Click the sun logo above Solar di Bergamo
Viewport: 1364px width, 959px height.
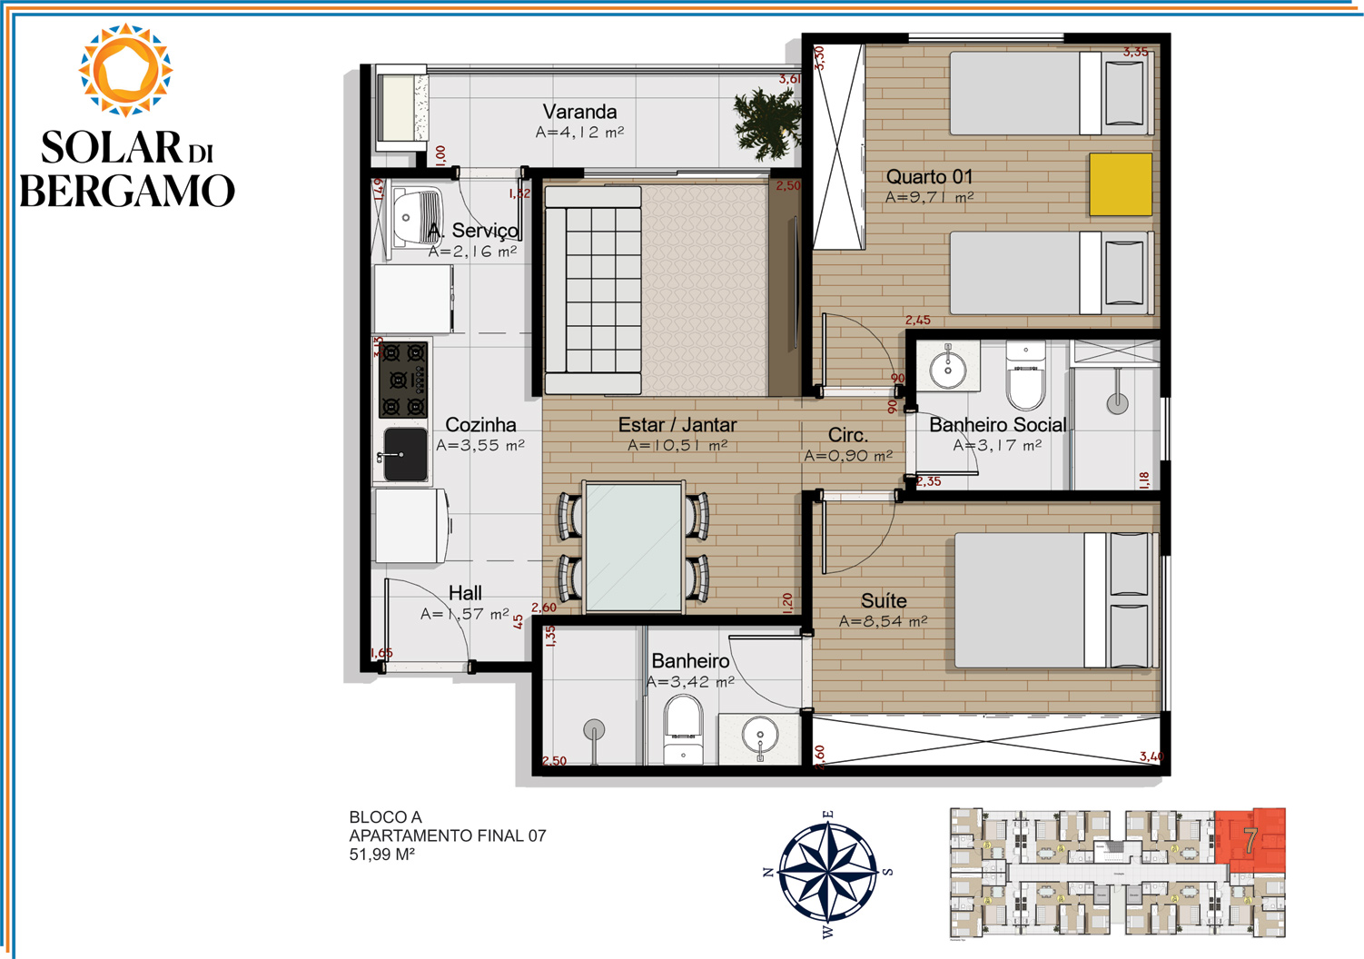tap(125, 70)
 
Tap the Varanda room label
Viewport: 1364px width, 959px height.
tap(579, 112)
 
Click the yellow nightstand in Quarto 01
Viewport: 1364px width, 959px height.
tap(1120, 184)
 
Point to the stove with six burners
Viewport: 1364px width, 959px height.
tap(403, 380)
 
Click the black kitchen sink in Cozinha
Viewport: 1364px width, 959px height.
tap(403, 453)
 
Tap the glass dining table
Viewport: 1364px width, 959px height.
tap(634, 547)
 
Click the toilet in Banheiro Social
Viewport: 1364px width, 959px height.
tap(1026, 376)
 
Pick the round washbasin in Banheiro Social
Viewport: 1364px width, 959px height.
tap(948, 368)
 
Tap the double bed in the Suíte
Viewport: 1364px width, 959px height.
tap(1053, 600)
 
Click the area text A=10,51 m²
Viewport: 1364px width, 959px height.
tap(677, 445)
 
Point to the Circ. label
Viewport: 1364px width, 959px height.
tap(847, 435)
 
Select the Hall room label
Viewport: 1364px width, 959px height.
tap(465, 593)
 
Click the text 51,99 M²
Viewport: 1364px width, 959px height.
tap(381, 855)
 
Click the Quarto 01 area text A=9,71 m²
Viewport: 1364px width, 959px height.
tap(929, 197)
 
